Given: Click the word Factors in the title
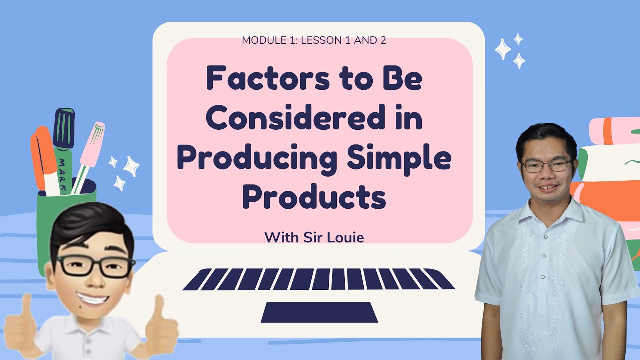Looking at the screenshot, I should click(258, 80).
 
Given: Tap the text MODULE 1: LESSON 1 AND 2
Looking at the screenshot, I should click(314, 41).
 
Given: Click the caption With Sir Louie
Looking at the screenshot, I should click(314, 237).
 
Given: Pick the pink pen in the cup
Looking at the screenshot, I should click(90, 150).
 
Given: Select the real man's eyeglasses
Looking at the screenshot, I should click(546, 166).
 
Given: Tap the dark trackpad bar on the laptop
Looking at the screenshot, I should click(319, 312).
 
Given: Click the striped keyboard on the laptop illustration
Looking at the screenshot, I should click(319, 279).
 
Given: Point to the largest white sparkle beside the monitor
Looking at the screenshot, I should click(503, 49).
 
